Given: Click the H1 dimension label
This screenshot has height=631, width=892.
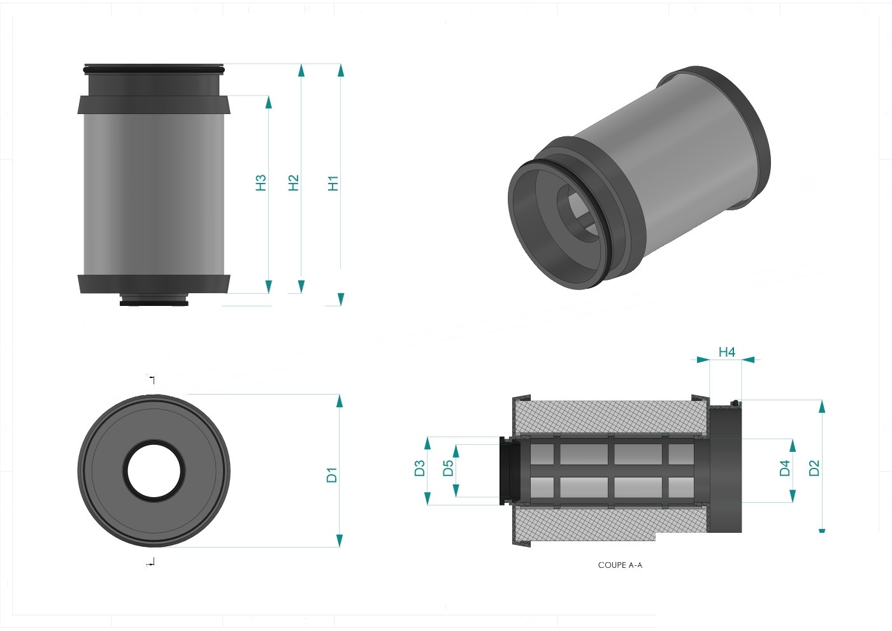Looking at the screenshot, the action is coord(333,184).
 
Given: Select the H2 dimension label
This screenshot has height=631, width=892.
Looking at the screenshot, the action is coord(294,183).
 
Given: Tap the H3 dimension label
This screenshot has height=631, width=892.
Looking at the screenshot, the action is coord(261,183).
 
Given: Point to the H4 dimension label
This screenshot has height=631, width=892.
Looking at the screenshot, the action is coord(727,352).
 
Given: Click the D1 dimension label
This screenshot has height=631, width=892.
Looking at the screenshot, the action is coord(332,475).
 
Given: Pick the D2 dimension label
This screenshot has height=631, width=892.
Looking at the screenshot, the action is coord(814,468).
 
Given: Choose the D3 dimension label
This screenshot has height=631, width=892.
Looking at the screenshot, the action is coord(419,468).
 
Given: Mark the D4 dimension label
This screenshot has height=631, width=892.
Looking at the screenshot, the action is coord(784,468).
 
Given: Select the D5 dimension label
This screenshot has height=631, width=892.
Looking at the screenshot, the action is coord(448,468).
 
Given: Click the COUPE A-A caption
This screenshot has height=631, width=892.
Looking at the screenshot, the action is coord(620,565).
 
